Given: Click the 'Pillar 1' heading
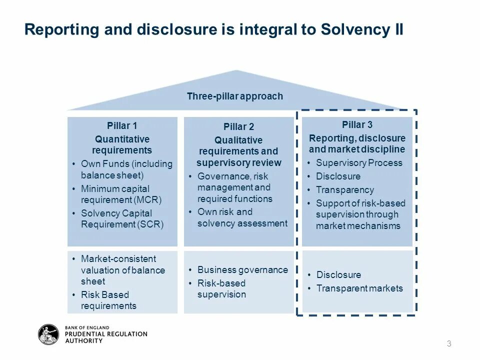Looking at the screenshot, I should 122,125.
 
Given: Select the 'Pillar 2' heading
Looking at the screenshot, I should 238,126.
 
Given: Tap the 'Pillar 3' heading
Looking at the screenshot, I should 357,124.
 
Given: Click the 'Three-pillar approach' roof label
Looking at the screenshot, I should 235,96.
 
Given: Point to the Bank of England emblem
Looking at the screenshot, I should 48,334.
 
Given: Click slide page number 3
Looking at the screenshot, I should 449,343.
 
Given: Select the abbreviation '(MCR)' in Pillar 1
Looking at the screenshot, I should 147,200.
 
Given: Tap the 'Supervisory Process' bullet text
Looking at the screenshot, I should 359,162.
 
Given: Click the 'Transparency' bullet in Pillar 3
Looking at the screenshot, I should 345,189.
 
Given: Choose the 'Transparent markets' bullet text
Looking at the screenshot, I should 359,288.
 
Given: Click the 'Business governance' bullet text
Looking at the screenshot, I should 242,269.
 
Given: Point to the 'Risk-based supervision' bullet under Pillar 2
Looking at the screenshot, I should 221,289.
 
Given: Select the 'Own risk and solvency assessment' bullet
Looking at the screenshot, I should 242,217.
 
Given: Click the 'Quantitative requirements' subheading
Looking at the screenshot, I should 122,144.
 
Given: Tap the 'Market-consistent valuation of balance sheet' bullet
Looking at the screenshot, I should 122,270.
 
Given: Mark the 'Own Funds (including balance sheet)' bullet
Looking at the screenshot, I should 126,169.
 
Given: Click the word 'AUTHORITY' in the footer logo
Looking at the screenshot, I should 84,341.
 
